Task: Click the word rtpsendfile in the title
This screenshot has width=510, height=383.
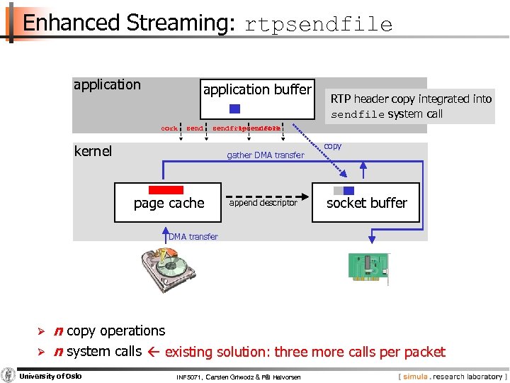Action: pyautogui.click(x=318, y=25)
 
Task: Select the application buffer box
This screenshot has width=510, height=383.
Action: pyautogui.click(x=257, y=98)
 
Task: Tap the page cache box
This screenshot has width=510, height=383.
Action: pyautogui.click(x=169, y=202)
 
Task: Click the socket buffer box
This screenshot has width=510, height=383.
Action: pyautogui.click(x=366, y=202)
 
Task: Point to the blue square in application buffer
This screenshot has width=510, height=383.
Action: pyautogui.click(x=235, y=109)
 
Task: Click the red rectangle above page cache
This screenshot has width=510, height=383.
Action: pyautogui.click(x=166, y=190)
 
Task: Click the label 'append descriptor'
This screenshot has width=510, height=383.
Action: pyautogui.click(x=263, y=203)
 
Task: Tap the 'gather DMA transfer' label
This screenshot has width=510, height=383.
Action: pyautogui.click(x=265, y=155)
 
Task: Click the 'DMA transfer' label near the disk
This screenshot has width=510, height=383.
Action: pyautogui.click(x=193, y=236)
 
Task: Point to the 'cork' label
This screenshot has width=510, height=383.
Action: pyautogui.click(x=169, y=129)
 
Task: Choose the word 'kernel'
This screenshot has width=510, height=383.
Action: pyautogui.click(x=93, y=151)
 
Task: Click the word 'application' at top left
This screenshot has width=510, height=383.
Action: pyautogui.click(x=107, y=84)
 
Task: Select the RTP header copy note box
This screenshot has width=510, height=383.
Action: pyautogui.click(x=411, y=106)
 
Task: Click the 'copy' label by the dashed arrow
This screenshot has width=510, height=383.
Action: pyautogui.click(x=332, y=146)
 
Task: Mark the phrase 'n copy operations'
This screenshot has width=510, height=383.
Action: pyautogui.click(x=109, y=331)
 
